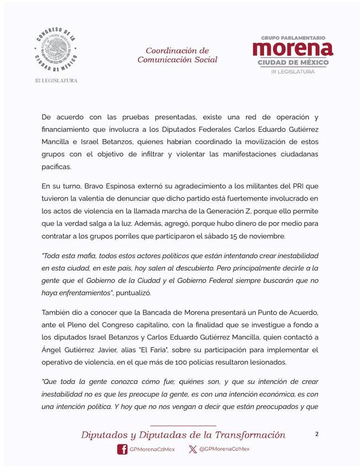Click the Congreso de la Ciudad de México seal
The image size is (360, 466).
pos(54,50)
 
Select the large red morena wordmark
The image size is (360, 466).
pos(293,49)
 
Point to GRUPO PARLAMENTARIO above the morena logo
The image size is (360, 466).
pos(293,38)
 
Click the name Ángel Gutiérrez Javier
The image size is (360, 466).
pos(78,350)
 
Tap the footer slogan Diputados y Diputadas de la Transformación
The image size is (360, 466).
pos(183,434)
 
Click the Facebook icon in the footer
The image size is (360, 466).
pos(122,449)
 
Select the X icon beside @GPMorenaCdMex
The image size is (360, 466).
pos(192,449)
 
